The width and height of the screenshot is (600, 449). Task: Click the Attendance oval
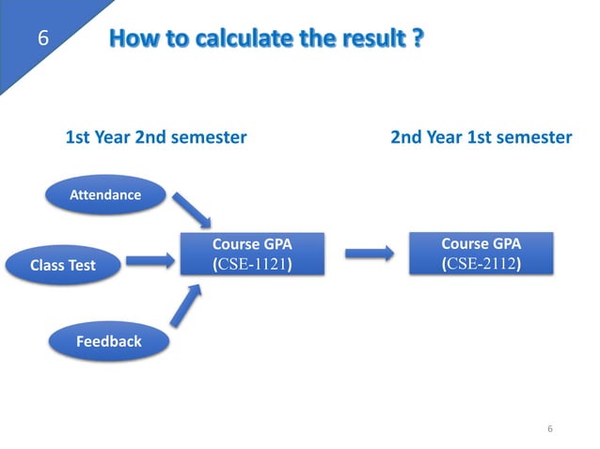coord(105,195)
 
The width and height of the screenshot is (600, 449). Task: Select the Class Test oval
coord(63,265)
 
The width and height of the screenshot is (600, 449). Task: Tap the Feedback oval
coord(109,341)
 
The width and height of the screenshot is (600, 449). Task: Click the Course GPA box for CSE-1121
coord(252,254)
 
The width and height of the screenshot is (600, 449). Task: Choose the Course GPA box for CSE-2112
coord(481,253)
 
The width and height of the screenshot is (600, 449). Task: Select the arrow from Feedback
coord(188,309)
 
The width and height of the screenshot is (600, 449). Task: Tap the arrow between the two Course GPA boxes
coord(368,253)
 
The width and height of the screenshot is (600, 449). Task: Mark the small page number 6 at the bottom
coord(550,429)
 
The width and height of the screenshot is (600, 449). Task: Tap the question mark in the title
coord(417,39)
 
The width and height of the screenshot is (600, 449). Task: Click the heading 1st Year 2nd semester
coord(155,137)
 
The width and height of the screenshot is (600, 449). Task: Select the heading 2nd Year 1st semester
coord(481,137)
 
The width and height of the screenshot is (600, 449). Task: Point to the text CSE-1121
coord(253,264)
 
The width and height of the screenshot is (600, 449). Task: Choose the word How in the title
coord(132,39)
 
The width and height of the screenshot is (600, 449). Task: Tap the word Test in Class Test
coord(81,265)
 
